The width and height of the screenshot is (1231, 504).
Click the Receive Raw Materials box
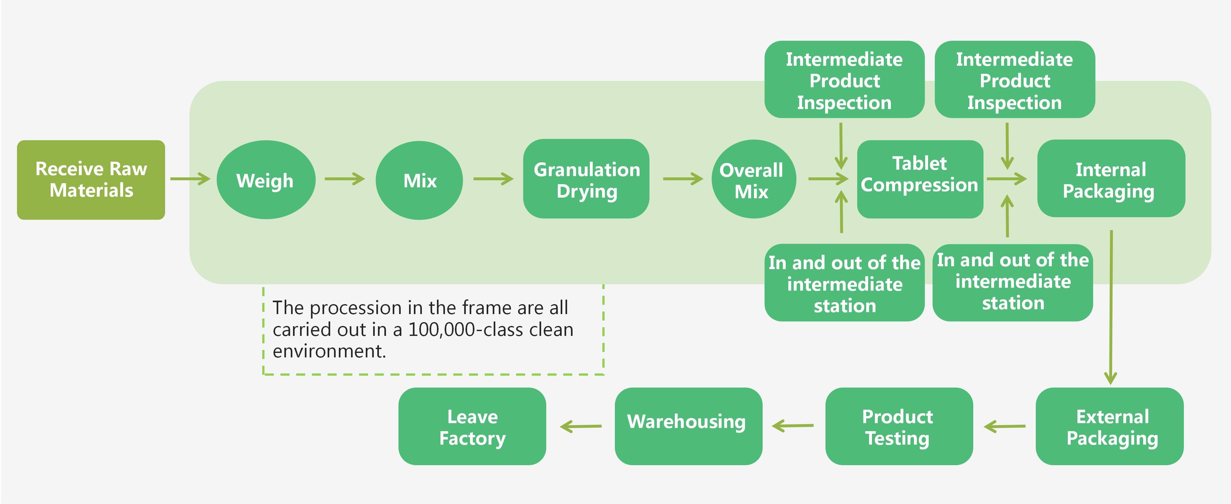pyautogui.click(x=91, y=180)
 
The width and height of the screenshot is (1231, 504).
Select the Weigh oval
pyautogui.click(x=266, y=180)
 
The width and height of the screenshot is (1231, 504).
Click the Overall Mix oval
pyautogui.click(x=753, y=179)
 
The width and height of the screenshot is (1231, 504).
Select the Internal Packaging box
pyautogui.click(x=1110, y=179)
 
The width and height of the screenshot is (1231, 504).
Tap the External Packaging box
pyautogui.click(x=1109, y=426)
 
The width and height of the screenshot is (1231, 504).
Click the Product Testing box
pyautogui.click(x=898, y=426)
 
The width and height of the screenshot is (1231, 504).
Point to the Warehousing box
pyautogui.click(x=688, y=426)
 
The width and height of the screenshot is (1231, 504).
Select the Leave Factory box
pyautogui.click(x=472, y=426)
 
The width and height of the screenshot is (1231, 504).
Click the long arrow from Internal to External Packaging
pyautogui.click(x=1110, y=306)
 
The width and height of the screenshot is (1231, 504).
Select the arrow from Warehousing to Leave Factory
pyautogui.click(x=581, y=426)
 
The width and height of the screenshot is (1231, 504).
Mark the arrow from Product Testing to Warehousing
pyautogui.click(x=793, y=426)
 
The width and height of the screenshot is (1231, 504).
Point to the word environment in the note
pyautogui.click(x=329, y=352)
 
